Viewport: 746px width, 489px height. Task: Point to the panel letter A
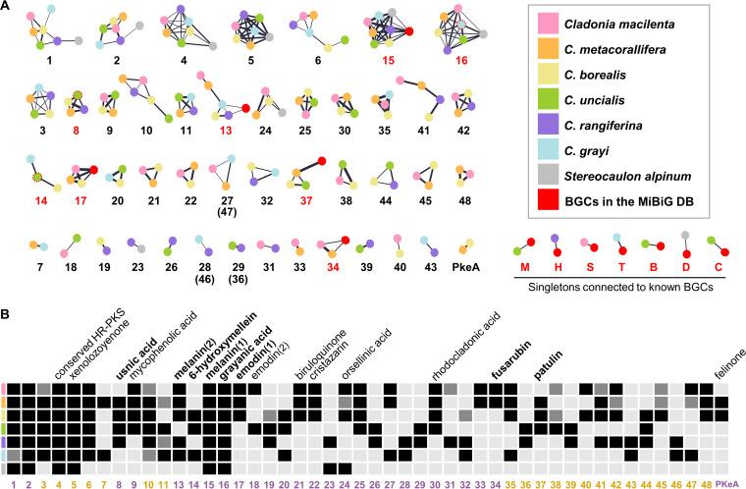pyautogui.click(x=8, y=7)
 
